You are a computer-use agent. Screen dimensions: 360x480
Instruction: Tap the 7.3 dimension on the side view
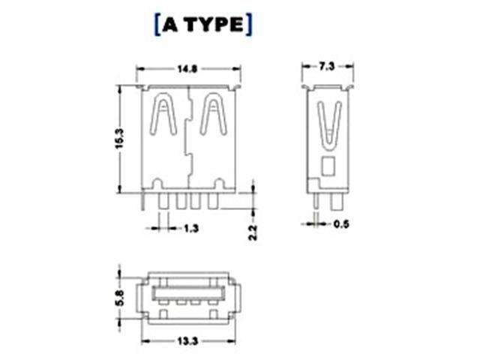pos(326,67)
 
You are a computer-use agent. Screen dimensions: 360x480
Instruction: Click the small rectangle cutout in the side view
pos(328,166)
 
